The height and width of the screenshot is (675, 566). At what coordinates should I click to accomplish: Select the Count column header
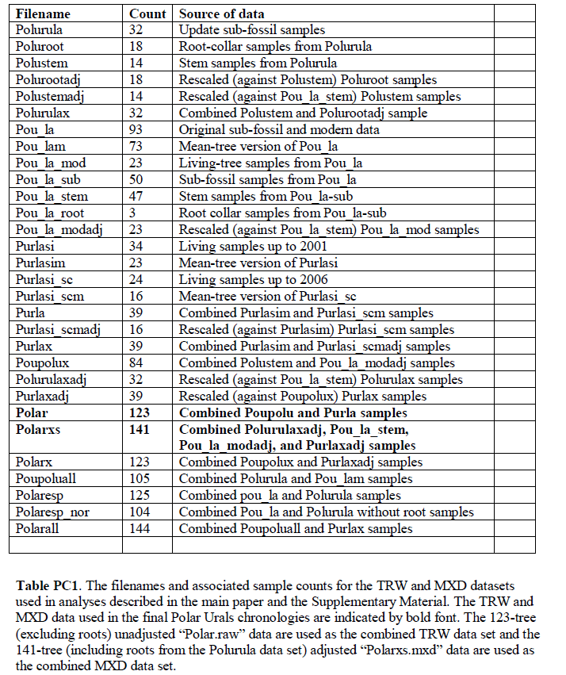click(x=147, y=13)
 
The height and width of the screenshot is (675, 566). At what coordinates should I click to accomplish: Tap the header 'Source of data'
click(x=222, y=13)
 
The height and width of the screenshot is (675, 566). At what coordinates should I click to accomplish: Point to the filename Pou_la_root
click(x=50, y=213)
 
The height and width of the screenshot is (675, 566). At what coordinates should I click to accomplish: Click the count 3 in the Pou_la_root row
click(x=136, y=213)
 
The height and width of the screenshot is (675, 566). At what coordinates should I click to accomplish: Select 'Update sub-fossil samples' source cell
click(x=252, y=30)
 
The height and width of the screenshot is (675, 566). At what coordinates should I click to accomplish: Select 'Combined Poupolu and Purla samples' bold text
click(x=293, y=413)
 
